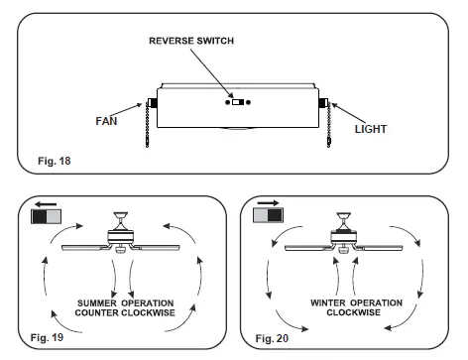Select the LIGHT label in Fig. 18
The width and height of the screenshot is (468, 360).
click(372, 129)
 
